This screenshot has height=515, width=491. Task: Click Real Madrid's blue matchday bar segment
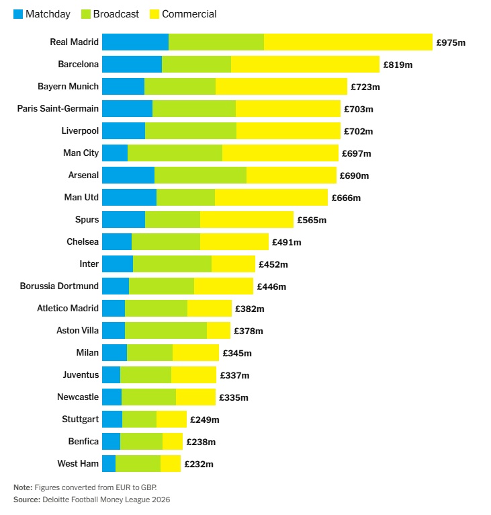click(x=135, y=42)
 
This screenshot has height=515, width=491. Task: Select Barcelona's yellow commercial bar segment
click(x=305, y=64)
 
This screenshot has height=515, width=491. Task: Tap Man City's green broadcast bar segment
click(x=175, y=153)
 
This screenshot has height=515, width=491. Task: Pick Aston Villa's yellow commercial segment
click(x=218, y=330)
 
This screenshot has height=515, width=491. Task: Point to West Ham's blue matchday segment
click(x=109, y=463)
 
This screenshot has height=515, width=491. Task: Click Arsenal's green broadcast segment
click(x=200, y=175)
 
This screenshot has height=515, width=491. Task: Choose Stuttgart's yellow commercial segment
click(x=171, y=419)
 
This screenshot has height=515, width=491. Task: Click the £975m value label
click(x=451, y=42)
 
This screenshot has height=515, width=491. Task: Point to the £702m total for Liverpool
click(x=358, y=131)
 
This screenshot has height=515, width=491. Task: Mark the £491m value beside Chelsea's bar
click(x=286, y=242)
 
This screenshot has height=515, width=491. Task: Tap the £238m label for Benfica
click(x=201, y=442)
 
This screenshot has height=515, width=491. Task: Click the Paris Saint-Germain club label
click(x=58, y=108)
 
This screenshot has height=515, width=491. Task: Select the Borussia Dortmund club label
click(x=59, y=286)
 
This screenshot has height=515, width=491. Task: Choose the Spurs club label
click(x=87, y=219)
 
